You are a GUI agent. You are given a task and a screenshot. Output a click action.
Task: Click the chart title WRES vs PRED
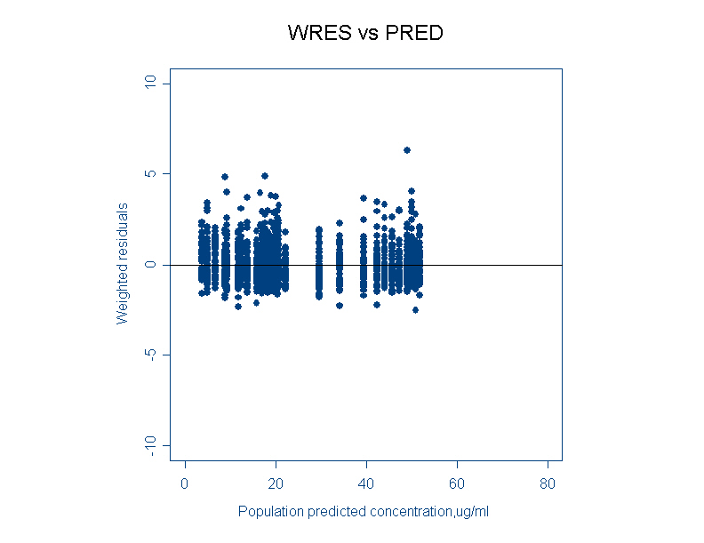coord(365,34)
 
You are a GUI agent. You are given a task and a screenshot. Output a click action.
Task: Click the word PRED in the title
coord(413,34)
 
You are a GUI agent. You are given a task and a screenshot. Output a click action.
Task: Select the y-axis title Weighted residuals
coord(123,264)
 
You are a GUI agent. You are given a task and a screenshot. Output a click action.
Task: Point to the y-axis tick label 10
coord(150,83)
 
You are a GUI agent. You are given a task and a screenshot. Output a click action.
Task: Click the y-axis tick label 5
coord(150,173)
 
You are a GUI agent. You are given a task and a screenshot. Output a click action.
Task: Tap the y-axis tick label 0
coord(150,265)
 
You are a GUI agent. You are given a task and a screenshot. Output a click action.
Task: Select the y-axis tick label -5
coord(150,355)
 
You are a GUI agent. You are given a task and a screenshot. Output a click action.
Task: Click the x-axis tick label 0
coord(185,483)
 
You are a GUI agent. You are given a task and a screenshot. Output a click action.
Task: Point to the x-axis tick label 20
coord(276,483)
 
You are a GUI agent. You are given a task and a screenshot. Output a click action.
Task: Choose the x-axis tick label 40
coord(366,483)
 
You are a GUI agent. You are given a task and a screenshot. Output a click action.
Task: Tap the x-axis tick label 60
coord(457,483)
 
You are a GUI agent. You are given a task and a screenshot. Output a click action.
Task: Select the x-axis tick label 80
coord(548,483)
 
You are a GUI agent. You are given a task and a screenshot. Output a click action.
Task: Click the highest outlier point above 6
coord(407,150)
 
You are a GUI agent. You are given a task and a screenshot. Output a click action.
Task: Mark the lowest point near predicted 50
coord(415,309)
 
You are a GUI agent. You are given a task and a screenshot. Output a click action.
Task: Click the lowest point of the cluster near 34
coord(340,306)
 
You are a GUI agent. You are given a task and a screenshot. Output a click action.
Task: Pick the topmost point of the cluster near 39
coord(364,198)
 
